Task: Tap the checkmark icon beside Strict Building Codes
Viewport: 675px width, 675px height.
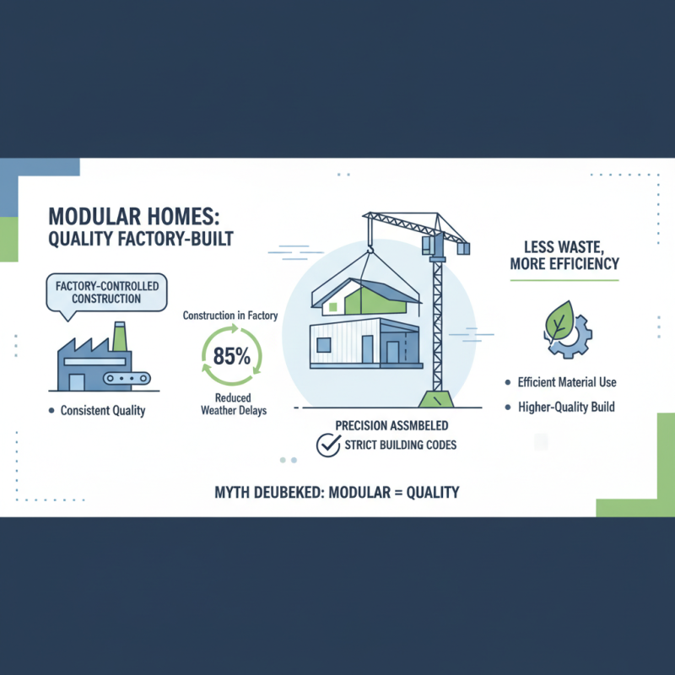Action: click(x=327, y=445)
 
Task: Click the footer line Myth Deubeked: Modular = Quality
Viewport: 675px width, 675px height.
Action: click(x=337, y=491)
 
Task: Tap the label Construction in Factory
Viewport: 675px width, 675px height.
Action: click(x=230, y=315)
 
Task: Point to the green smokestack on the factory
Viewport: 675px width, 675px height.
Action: click(x=119, y=335)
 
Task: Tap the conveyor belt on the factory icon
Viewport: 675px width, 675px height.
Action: click(x=128, y=381)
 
